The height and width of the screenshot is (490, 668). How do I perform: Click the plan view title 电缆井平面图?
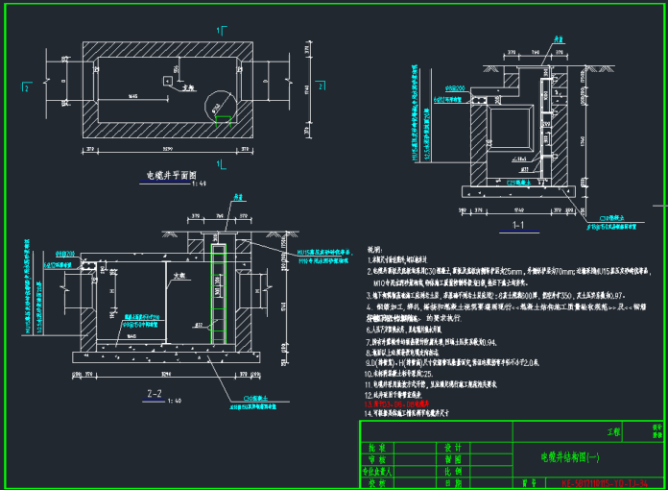point(171,176)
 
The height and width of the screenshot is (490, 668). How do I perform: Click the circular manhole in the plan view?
point(216,103)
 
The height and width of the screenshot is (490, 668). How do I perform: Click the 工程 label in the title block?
point(615,433)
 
